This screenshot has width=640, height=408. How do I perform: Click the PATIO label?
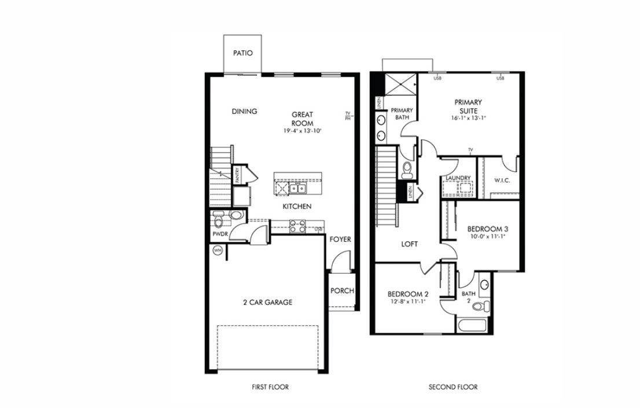[x=242, y=53]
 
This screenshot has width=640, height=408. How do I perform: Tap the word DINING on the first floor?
[x=244, y=112]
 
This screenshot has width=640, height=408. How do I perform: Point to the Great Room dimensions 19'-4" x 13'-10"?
[x=302, y=131]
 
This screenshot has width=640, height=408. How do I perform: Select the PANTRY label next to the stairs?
[x=237, y=176]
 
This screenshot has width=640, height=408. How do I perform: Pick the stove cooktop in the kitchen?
[x=297, y=226]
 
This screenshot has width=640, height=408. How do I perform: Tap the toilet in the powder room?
[x=219, y=220]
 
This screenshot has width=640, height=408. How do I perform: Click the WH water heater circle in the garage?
[x=218, y=251]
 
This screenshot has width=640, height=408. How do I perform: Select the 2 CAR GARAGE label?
[x=267, y=302]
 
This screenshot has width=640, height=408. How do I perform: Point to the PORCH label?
[x=342, y=291]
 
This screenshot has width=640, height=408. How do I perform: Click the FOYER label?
[x=340, y=239]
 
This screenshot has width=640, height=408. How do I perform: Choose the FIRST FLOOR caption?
[x=271, y=387]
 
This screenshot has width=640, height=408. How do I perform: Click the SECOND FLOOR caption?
[x=453, y=387]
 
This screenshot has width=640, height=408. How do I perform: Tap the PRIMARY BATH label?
[x=402, y=113]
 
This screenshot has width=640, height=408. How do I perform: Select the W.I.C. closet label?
[x=501, y=180]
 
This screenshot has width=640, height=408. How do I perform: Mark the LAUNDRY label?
[x=458, y=178]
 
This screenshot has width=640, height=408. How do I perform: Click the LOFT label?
[x=410, y=244]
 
